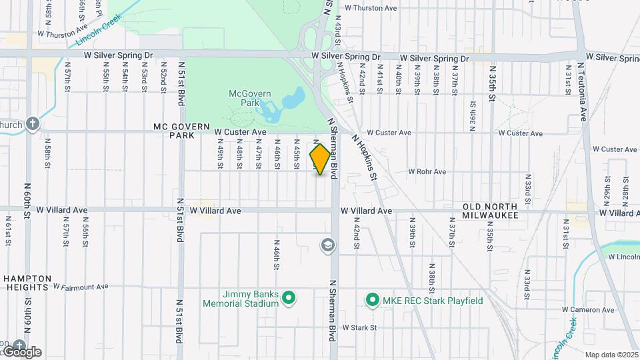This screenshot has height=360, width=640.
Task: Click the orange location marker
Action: tap(321, 160)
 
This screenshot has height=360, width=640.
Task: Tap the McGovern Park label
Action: tap(243, 99)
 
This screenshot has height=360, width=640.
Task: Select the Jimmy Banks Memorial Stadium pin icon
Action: tap(289, 297)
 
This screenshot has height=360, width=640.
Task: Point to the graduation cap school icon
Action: tap(327, 246)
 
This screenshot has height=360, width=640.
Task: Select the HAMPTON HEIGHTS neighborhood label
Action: tap(27, 283)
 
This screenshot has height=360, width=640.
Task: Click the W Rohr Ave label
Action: tap(427, 171)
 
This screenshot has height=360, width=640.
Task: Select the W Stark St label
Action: tap(359, 327)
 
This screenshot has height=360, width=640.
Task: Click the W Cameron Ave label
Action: tap(587, 309)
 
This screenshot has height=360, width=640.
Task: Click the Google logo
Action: tap(22, 351)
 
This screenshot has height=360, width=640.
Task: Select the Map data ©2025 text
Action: tap(611, 355)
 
